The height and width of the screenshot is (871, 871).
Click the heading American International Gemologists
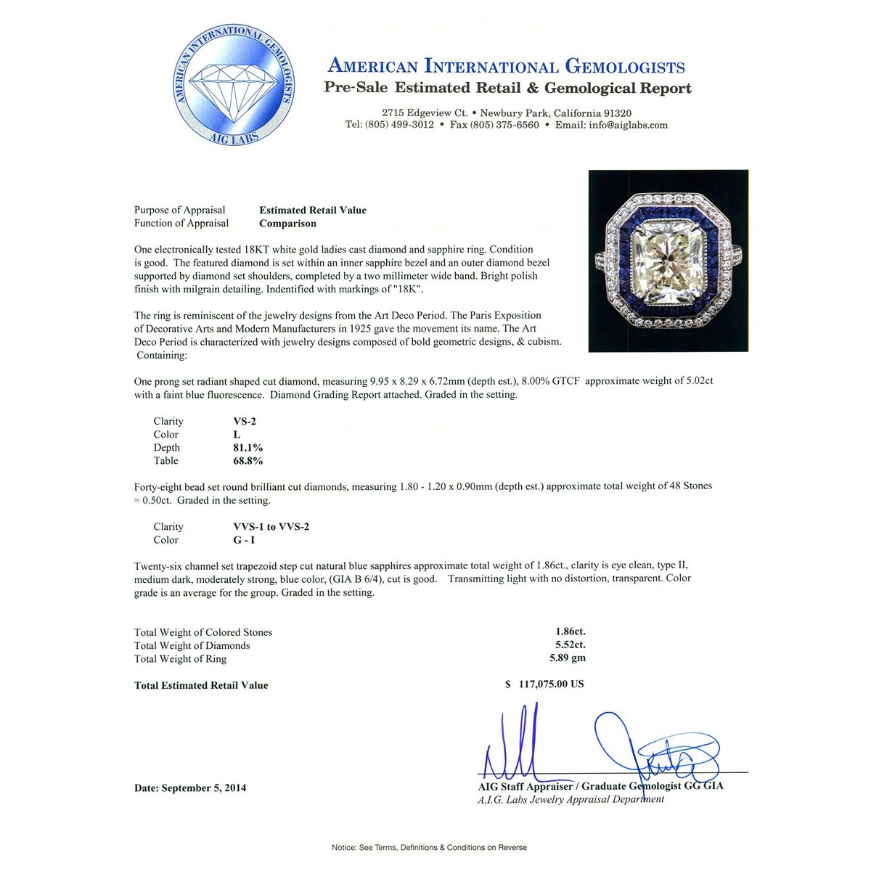coord(507,66)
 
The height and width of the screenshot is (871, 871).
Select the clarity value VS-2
coord(240,421)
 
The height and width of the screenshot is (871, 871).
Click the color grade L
coord(237,434)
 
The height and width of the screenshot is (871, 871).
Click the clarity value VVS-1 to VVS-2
coord(266,526)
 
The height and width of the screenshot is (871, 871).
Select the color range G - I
coord(239,539)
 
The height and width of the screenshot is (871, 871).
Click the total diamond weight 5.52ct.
coord(570,645)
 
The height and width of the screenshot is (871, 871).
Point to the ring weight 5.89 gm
coord(567,658)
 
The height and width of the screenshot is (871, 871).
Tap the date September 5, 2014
coord(190,788)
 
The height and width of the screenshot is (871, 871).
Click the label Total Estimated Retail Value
coord(201,685)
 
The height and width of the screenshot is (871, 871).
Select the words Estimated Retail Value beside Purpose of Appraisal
coord(313,210)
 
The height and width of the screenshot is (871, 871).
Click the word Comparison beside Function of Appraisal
coord(287,223)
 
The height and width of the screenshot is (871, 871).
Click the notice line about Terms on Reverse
coord(429,847)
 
